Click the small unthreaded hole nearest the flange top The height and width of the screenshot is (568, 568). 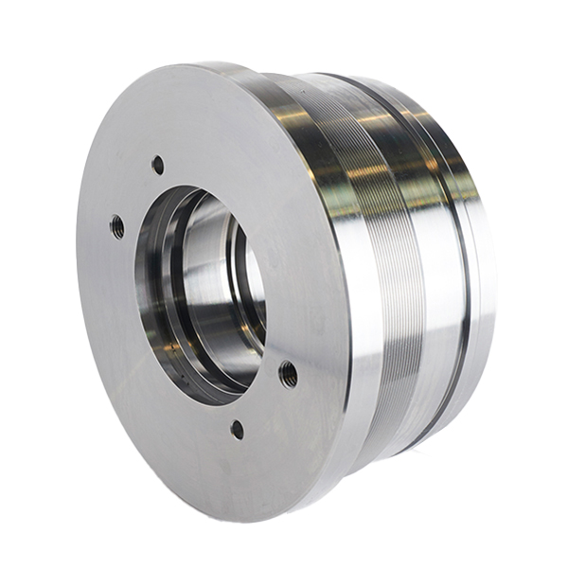[157, 165]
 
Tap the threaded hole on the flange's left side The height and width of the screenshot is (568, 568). [117, 226]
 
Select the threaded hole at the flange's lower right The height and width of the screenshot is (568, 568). [288, 375]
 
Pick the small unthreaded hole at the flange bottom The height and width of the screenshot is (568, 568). [237, 430]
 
